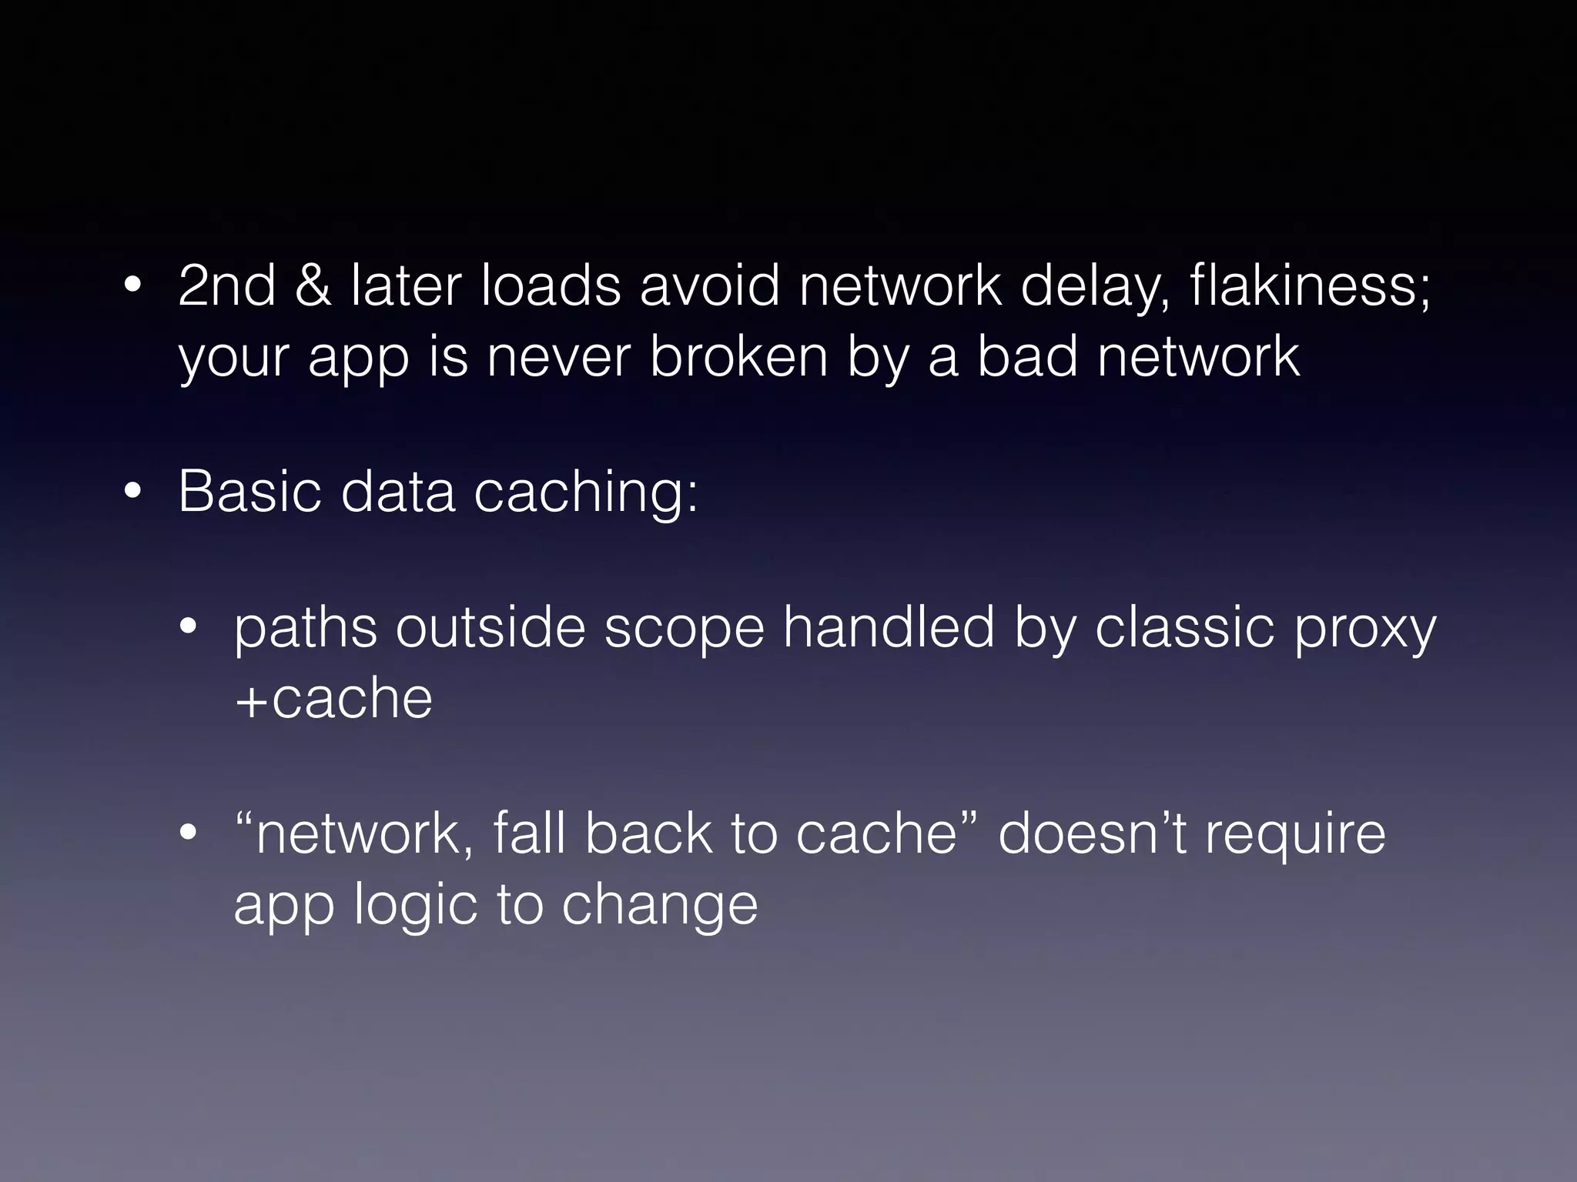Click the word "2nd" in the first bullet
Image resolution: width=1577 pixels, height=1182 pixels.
pos(226,286)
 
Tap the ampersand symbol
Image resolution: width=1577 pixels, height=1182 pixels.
pos(313,286)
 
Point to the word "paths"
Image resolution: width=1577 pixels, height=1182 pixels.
pos(306,628)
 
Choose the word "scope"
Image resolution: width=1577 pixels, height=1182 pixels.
pos(684,628)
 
